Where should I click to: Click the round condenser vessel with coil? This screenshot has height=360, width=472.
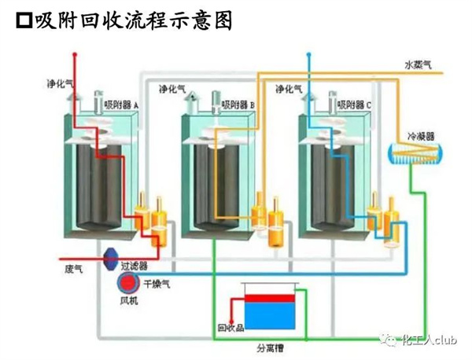pos(414,155)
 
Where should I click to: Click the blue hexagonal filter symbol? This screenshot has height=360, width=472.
pos(112,257)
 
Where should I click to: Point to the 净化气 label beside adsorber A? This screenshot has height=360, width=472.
pos(59,82)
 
